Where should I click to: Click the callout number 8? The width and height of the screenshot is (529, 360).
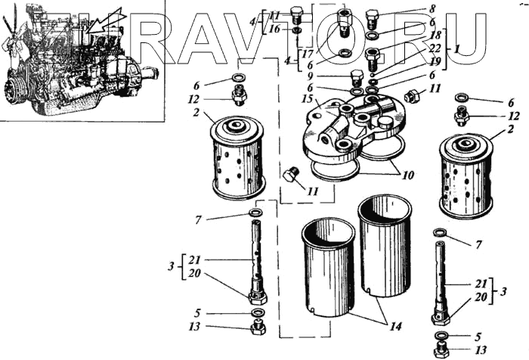tap(432, 8)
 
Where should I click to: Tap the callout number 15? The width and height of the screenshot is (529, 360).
tap(308, 99)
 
